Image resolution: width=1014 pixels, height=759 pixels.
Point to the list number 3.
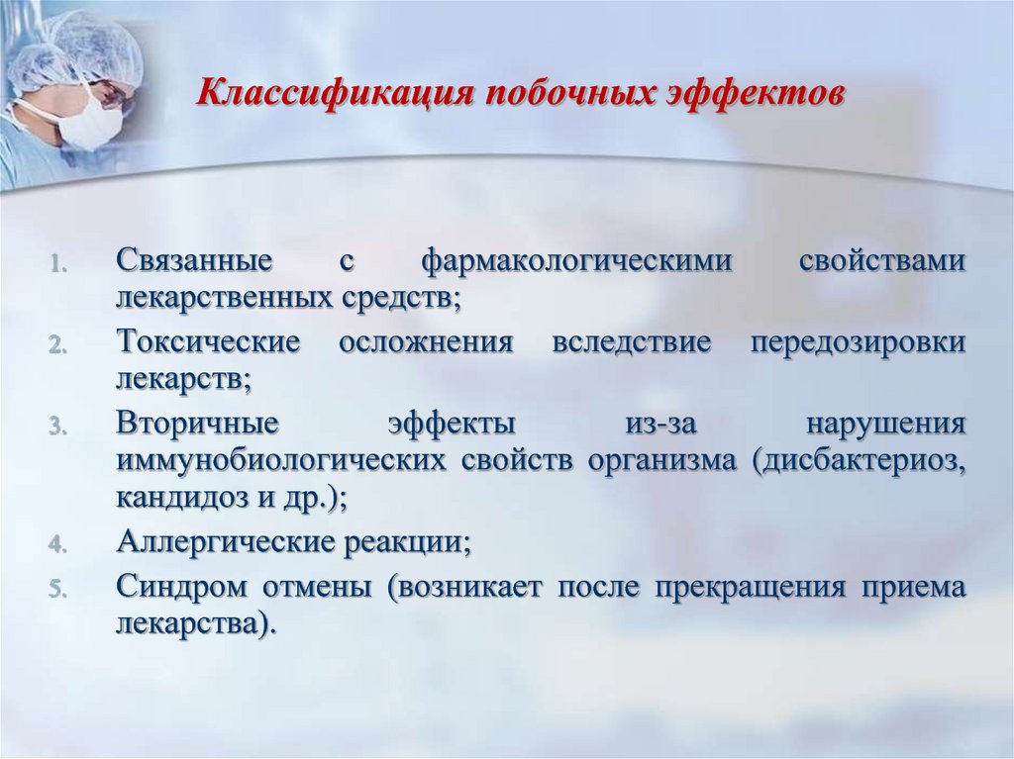pyautogui.click(x=58, y=427)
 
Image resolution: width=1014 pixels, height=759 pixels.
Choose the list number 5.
pyautogui.click(x=58, y=589)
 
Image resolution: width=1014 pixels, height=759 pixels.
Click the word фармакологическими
pyautogui.click(x=577, y=261)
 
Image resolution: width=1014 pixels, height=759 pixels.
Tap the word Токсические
pyautogui.click(x=208, y=342)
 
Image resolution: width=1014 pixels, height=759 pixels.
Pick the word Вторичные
pyautogui.click(x=198, y=425)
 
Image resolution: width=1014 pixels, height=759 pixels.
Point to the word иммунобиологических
pyautogui.click(x=281, y=461)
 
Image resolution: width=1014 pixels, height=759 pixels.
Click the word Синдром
pyautogui.click(x=182, y=588)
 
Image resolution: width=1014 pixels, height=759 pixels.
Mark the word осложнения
pyautogui.click(x=426, y=342)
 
